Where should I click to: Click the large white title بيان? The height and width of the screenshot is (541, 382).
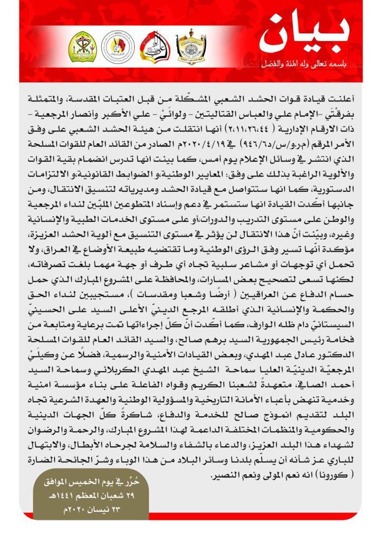click(305, 36)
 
